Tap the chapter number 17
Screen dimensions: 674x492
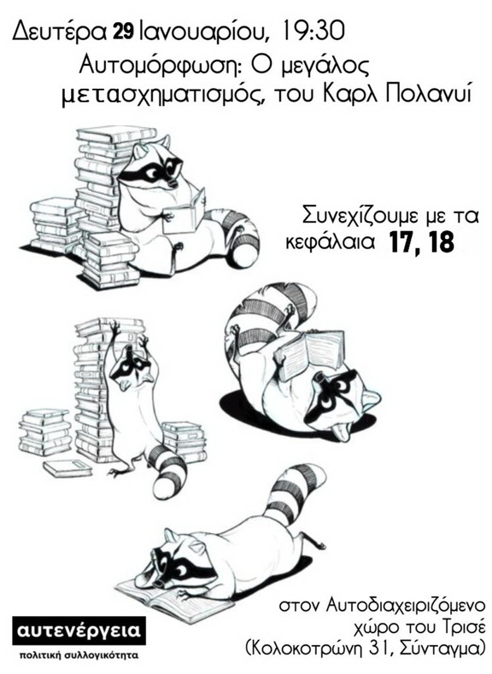click(x=403, y=242)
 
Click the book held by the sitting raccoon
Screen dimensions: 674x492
click(x=186, y=208)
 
